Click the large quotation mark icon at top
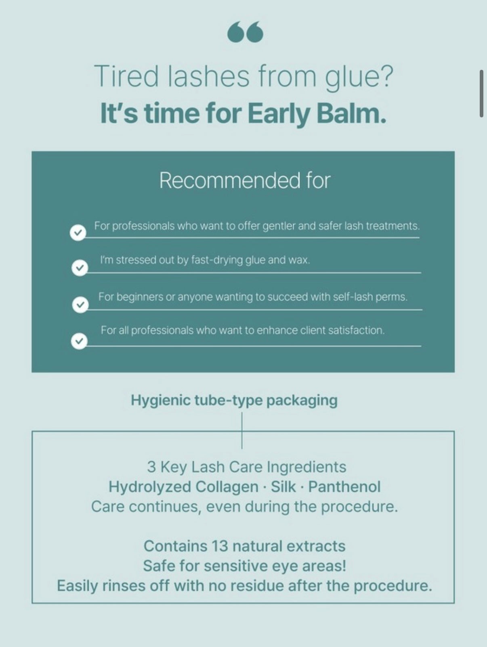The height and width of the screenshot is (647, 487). point(245,33)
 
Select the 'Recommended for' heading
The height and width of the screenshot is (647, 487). point(245,180)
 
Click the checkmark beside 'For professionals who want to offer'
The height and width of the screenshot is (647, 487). point(78,233)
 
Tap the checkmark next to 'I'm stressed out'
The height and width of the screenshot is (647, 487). point(80,268)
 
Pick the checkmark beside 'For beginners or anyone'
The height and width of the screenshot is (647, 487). point(80,305)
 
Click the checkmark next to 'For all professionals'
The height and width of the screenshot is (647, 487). point(79,341)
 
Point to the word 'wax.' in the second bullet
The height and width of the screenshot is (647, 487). point(299,260)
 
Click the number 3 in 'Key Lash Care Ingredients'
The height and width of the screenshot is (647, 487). point(151,467)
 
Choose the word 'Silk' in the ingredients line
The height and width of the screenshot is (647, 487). point(283,487)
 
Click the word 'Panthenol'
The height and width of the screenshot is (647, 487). point(344,487)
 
